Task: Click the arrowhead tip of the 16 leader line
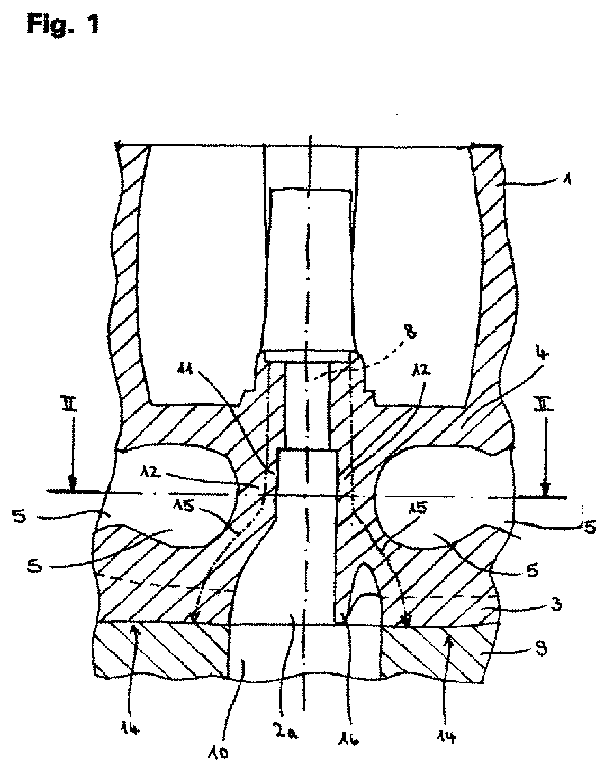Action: (343, 622)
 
